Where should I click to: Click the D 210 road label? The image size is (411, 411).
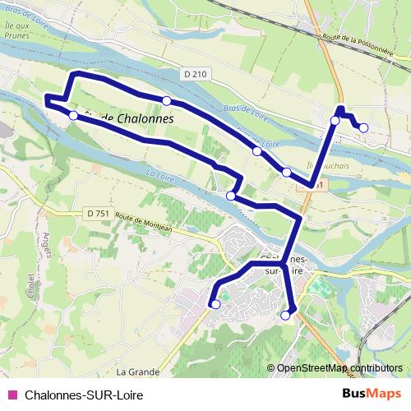click(196, 75)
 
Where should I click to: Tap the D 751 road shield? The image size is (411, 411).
click(97, 214)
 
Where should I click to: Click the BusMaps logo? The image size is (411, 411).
click(370, 394)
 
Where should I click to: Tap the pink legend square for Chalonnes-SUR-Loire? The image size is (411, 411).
click(12, 395)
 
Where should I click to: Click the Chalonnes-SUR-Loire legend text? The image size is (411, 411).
click(78, 395)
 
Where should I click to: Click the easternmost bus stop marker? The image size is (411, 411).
click(363, 127)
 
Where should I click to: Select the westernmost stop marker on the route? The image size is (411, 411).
click(73, 116)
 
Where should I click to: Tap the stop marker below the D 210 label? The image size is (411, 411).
click(166, 101)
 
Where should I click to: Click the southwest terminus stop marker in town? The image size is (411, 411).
click(215, 304)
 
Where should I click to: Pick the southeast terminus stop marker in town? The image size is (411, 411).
click(286, 315)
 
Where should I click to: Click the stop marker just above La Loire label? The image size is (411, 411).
click(231, 196)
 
